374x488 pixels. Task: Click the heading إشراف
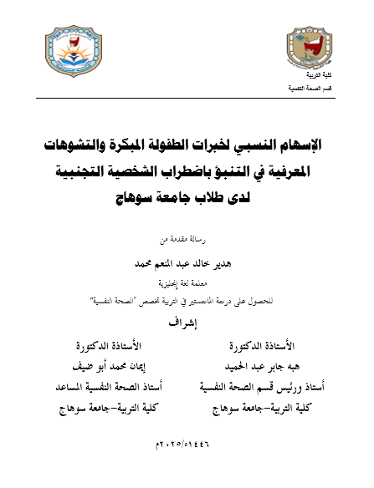point(186,321)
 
